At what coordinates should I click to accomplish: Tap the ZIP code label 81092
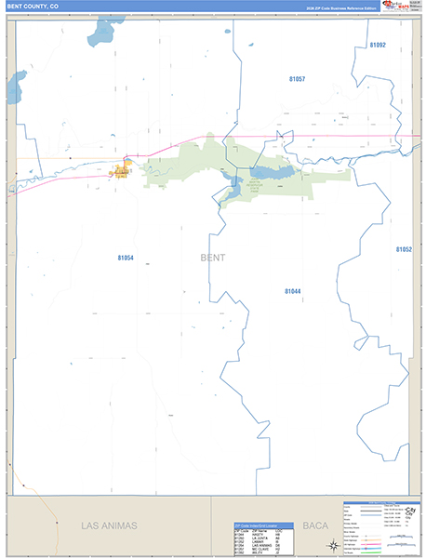[x=377, y=45]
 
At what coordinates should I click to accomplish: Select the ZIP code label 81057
[x=297, y=79]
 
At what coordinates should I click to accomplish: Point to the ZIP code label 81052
[x=404, y=250]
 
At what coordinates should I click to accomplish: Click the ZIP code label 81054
[x=126, y=258]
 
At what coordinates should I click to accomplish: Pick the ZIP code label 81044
[x=293, y=291]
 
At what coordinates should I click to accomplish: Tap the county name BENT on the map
[x=212, y=258]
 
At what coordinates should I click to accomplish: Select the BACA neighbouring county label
[x=315, y=525]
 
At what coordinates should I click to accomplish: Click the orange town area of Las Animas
[x=121, y=171]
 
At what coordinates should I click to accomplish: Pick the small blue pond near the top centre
[x=228, y=33]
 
